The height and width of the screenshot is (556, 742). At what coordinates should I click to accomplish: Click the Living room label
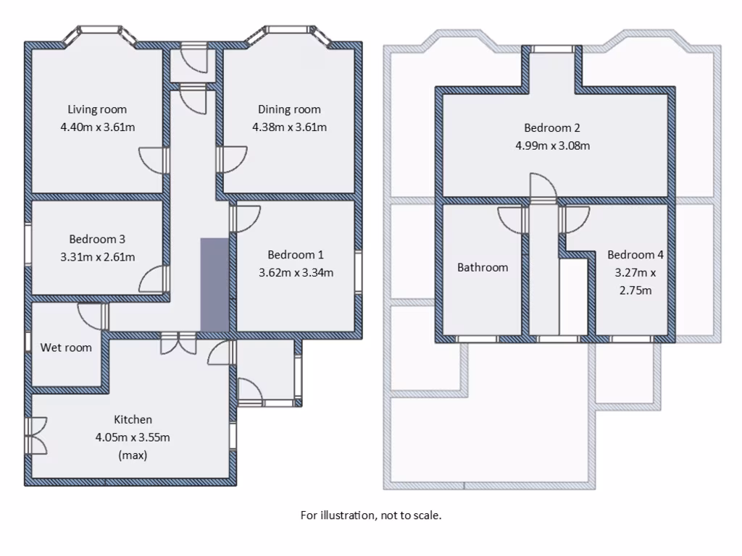point(97,109)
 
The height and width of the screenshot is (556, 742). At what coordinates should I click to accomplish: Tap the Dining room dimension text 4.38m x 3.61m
point(289,127)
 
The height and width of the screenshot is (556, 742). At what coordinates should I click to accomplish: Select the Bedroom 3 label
point(97,239)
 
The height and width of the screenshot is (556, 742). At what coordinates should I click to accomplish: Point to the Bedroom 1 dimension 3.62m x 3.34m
point(296,273)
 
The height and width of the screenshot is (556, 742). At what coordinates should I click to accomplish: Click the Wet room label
point(66,347)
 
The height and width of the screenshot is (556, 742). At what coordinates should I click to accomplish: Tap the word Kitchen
point(133,419)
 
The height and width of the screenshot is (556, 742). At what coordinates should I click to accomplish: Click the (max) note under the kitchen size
point(133,455)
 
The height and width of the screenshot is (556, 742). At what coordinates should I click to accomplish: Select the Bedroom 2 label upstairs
point(552,128)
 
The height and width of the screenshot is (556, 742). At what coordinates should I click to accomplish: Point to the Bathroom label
point(483,267)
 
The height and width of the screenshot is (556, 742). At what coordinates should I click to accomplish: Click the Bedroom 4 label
point(635,255)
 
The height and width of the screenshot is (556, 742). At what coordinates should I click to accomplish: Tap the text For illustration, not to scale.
point(371,515)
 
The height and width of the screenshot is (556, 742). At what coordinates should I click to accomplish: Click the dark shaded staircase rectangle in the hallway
point(214,284)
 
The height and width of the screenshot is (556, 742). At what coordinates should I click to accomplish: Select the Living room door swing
point(153,159)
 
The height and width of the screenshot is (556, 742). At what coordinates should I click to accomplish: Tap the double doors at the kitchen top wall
point(178,343)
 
